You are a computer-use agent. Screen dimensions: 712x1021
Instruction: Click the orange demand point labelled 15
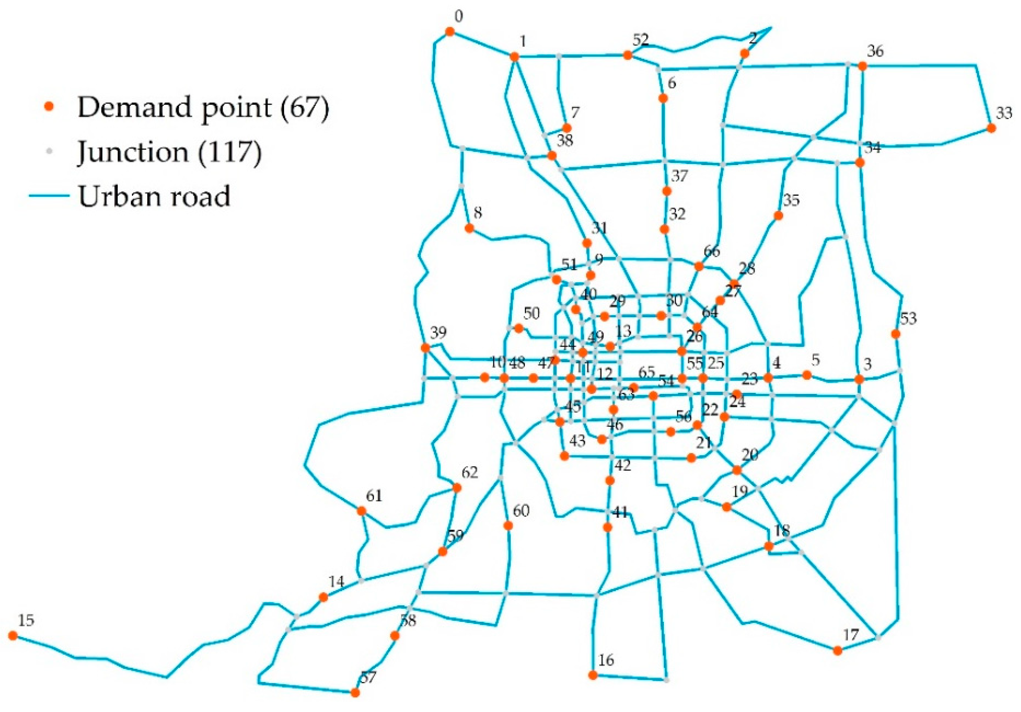pyautogui.click(x=13, y=636)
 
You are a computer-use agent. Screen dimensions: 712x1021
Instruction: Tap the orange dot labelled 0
pyautogui.click(x=450, y=32)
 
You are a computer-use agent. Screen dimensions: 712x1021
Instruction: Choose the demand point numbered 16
pyautogui.click(x=593, y=675)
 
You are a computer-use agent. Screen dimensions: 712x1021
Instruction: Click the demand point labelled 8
pyautogui.click(x=469, y=228)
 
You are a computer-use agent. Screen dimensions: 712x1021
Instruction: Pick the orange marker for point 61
pyautogui.click(x=362, y=511)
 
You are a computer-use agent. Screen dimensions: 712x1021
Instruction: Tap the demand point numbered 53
pyautogui.click(x=896, y=334)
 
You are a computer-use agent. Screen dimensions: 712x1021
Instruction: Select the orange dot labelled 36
pyautogui.click(x=862, y=66)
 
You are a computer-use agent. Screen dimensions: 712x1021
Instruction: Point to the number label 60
pyautogui.click(x=521, y=511)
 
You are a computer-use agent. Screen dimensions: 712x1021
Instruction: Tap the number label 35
pyautogui.click(x=791, y=200)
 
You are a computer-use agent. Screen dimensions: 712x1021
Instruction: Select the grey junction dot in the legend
pyautogui.click(x=50, y=151)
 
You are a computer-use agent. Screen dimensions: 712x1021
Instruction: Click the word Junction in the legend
pyautogui.click(x=132, y=152)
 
